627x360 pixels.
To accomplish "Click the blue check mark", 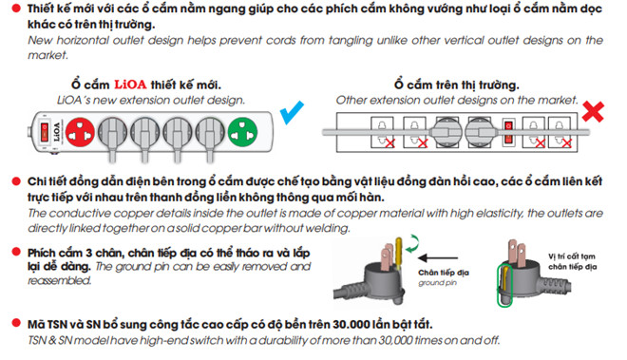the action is (291, 113).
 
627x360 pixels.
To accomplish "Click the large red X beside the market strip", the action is (593, 111).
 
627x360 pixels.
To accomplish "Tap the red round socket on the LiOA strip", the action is (80, 132).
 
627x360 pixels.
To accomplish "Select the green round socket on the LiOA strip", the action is (242, 132).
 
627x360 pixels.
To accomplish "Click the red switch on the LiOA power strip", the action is (45, 132).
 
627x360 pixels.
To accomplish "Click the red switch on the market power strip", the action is (508, 132).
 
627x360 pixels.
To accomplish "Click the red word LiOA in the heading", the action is (130, 85).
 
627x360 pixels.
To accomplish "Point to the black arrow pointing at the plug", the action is (437, 257).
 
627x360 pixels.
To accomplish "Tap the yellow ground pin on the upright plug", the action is (399, 252).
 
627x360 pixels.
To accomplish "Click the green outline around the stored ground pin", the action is (504, 286).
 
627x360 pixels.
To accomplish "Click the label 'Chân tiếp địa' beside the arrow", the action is (444, 273).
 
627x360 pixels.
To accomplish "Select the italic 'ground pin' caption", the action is (437, 283).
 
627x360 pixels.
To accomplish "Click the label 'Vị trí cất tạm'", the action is (571, 256).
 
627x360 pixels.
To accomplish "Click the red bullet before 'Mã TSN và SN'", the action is (16, 323).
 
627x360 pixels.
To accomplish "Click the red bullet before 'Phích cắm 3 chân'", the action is (16, 252).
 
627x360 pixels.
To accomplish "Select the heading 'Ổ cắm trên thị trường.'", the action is (456, 85).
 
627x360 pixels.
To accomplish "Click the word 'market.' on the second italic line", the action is (47, 55).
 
